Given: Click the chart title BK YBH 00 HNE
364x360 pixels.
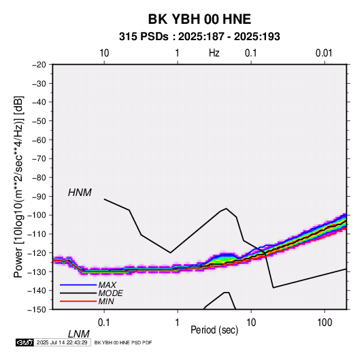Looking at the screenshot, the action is pos(199,19).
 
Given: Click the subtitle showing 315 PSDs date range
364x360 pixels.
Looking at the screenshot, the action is pos(199,37).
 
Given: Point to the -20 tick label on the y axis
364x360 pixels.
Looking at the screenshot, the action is pos(39,65).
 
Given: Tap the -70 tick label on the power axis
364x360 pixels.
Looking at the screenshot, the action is pos(39,159).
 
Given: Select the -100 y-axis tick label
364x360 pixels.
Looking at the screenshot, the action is pos(37,215).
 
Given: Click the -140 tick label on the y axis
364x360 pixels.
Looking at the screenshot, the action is pos(37,291).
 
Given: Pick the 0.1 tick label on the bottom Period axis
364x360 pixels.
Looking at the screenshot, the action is pos(103,323).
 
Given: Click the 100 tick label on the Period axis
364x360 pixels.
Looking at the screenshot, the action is pos(325,323).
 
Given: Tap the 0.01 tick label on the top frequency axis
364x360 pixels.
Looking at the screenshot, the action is pos(324,53).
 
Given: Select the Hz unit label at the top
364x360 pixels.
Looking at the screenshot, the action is pos(214,53).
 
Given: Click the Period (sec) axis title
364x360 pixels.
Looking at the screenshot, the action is pos(214,330).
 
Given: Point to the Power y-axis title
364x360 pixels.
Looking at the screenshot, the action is pos(18,186).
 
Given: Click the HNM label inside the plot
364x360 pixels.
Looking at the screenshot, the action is pos(80,193).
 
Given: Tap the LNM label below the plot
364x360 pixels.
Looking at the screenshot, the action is pos(79,334).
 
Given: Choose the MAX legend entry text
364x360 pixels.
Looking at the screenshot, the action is pos(107,285).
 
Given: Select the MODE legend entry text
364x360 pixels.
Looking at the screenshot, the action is pos(110,293).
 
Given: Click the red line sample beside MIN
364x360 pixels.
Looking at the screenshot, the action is pos(78,301).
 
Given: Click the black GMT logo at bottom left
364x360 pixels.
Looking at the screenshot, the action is pos(24,342).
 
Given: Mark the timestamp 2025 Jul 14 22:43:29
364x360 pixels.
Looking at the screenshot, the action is pos(62,342).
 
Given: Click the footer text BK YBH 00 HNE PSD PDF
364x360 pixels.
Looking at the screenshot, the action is pos(123,342).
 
